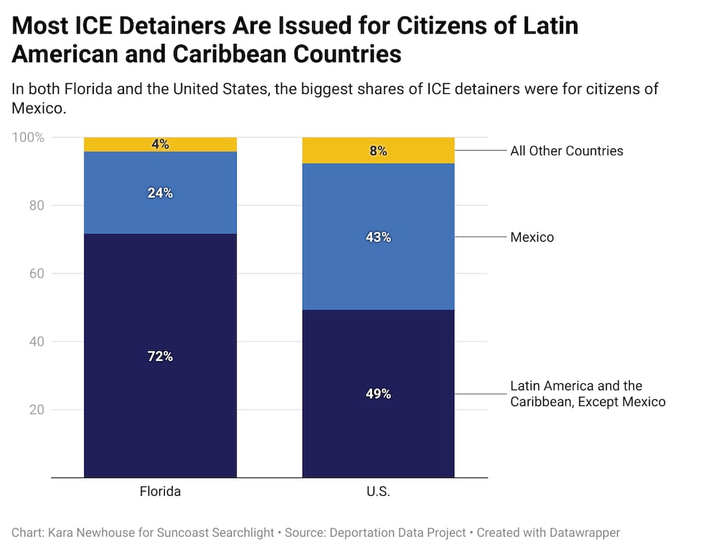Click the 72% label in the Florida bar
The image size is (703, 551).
160,356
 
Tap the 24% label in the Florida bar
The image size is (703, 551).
160,193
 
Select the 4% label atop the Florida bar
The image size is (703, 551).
160,144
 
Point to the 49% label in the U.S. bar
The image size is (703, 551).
378,394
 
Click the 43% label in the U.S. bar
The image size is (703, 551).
378,237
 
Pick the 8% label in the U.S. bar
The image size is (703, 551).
378,151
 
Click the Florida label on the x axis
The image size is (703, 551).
160,492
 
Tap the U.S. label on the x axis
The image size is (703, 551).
378,492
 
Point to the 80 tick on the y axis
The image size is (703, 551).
37,205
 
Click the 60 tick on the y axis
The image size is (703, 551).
37,273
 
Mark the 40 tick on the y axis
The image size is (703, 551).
37,342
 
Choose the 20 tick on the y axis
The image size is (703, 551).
37,410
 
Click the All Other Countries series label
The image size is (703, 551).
567,151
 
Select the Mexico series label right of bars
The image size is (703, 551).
532,237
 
